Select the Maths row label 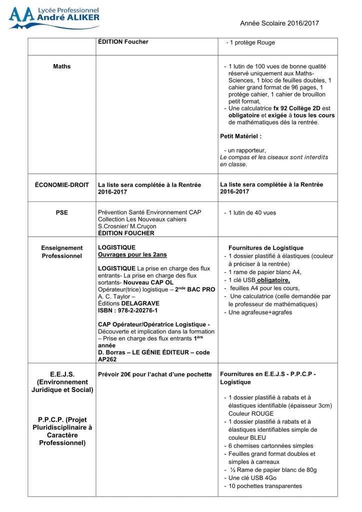(62, 66)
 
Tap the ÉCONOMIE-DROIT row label (62, 184)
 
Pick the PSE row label (62, 212)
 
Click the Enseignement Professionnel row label (62, 251)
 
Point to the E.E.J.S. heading (62, 374)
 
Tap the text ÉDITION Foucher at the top (123, 42)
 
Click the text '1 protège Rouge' (252, 42)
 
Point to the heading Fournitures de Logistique (265, 247)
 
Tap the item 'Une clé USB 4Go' (253, 478)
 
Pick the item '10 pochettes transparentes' (265, 486)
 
